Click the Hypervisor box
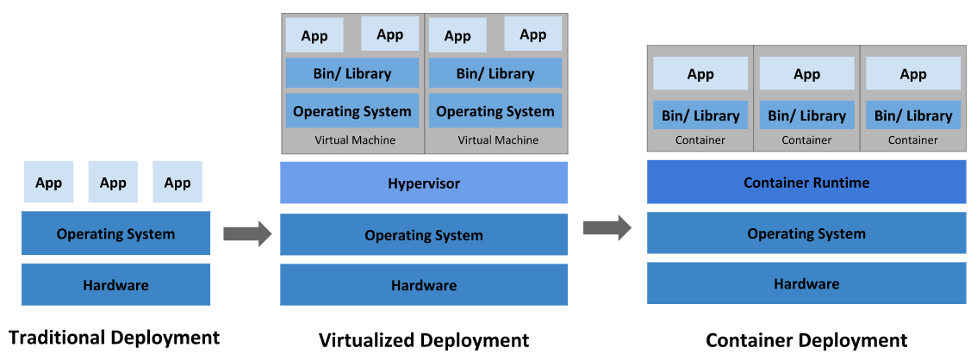(x=424, y=183)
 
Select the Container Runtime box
(x=806, y=182)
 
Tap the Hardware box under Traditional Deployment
(x=115, y=284)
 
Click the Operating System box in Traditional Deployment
(x=115, y=233)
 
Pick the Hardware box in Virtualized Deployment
(x=424, y=284)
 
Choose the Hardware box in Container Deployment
(x=806, y=283)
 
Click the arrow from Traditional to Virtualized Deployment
(x=247, y=233)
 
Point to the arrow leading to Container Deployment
(x=607, y=227)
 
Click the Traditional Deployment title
(x=115, y=337)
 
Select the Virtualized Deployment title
(x=424, y=340)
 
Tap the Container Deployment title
(x=806, y=340)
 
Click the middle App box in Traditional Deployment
(x=113, y=182)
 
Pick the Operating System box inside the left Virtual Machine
(x=352, y=111)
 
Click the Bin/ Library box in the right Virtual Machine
(x=495, y=73)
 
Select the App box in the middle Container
(x=806, y=74)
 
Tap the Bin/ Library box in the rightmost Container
(x=913, y=115)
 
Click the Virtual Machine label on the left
(x=355, y=140)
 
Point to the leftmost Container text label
(x=700, y=140)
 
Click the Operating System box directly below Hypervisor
(x=424, y=234)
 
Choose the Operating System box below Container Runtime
(x=806, y=233)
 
